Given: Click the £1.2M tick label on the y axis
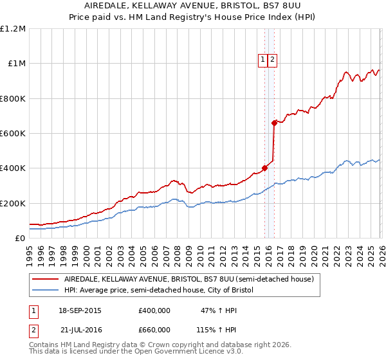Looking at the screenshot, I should (13, 29).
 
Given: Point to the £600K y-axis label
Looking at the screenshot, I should (13, 134).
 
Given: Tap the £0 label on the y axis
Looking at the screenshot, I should (19, 238).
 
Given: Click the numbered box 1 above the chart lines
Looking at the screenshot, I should (263, 60).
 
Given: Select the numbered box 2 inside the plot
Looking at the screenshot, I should (272, 60).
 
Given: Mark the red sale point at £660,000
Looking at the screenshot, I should (275, 122).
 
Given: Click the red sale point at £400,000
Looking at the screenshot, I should (265, 168).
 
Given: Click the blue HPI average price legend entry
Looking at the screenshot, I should (159, 291).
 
